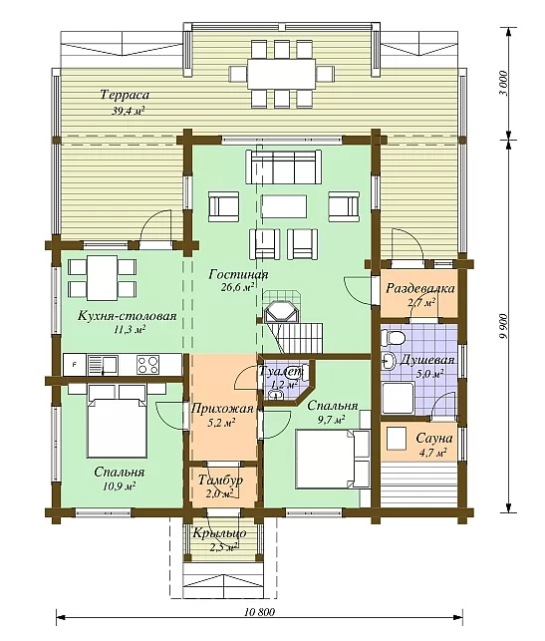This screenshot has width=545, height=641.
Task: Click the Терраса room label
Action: coord(125,96)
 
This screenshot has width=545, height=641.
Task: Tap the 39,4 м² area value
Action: coord(129,111)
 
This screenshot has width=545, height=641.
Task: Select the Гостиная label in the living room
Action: coord(238,274)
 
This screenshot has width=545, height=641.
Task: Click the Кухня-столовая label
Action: coord(128,316)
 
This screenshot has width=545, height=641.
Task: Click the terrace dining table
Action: coord(281,74)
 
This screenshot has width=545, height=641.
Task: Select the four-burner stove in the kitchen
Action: coord(148,365)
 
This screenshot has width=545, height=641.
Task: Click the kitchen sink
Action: coord(103,365)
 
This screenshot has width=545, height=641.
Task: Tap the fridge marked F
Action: coord(75,365)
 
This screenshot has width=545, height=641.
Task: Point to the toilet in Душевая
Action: coord(393,338)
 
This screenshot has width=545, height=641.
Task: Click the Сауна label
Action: coord(433,439)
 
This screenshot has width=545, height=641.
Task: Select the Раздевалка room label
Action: coord(420,288)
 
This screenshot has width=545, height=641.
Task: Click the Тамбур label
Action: coord(220,480)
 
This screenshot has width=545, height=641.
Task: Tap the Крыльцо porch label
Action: coord(220,533)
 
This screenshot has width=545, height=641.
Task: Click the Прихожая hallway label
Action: coord(222,408)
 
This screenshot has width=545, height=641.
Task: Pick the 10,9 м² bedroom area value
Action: coord(119,486)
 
